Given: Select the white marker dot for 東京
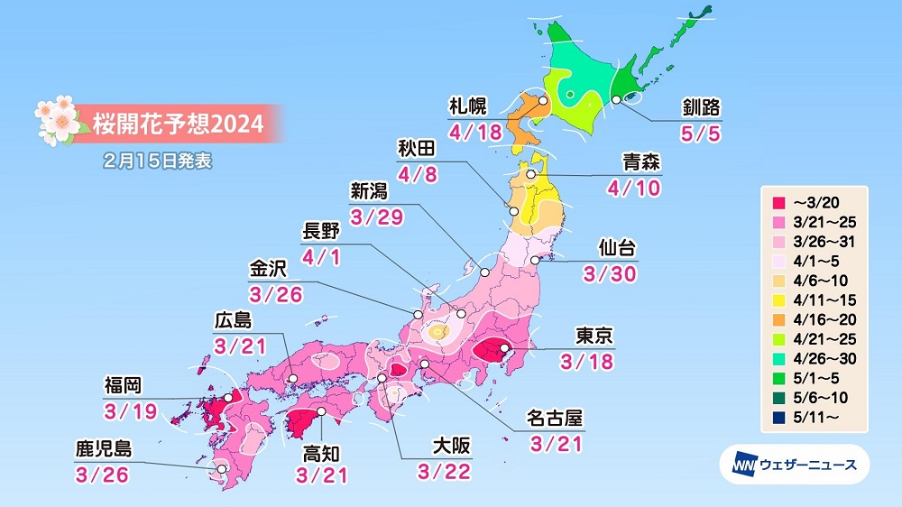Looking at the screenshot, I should coord(504,347).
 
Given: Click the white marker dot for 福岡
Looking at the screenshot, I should coord(228,396).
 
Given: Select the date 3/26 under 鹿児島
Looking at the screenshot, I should coord(101,474).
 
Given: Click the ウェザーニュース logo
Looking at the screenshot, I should coord(794,465).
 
